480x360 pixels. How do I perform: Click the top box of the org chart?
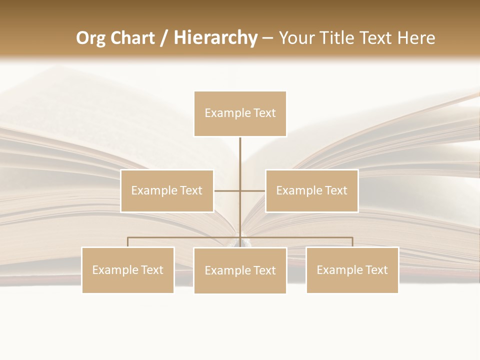(x=240, y=113)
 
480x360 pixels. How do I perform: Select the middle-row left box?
(x=167, y=191)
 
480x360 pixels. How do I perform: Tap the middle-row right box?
(x=311, y=191)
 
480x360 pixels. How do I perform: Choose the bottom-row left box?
(x=128, y=270)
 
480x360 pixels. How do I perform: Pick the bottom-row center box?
(x=240, y=270)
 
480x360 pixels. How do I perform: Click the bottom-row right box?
(x=352, y=270)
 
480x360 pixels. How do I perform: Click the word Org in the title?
(x=90, y=38)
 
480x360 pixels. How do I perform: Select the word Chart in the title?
(x=132, y=38)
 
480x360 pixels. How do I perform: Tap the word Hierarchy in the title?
(x=215, y=38)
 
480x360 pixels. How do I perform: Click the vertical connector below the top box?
(x=240, y=155)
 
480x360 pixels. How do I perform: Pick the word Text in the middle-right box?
(x=335, y=191)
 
